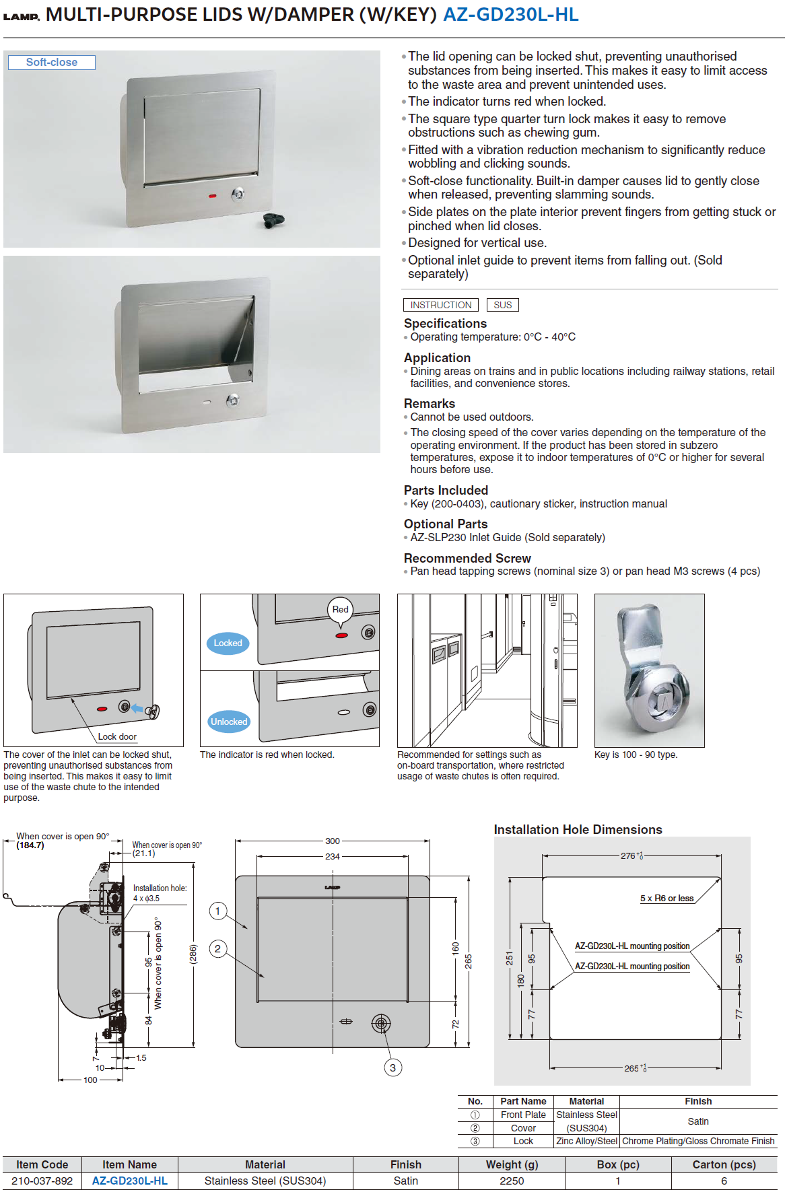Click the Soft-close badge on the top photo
click(x=52, y=63)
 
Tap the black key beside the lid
click(x=273, y=220)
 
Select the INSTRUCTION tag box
click(x=441, y=305)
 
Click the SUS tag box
click(x=502, y=305)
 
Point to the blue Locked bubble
click(x=228, y=643)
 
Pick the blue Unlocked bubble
click(x=229, y=722)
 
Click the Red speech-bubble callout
click(x=341, y=610)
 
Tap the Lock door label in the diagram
click(x=117, y=736)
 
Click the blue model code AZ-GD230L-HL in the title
click(x=510, y=15)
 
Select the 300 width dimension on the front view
click(x=333, y=841)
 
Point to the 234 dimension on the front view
click(x=333, y=856)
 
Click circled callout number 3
click(x=393, y=1067)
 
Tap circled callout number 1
click(x=217, y=911)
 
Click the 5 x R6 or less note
click(x=666, y=898)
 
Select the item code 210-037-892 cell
click(x=42, y=1181)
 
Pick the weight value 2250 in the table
click(x=512, y=1181)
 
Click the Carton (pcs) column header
click(x=724, y=1164)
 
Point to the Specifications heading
click(x=445, y=323)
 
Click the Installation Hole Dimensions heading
click(x=578, y=829)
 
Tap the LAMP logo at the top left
click(x=22, y=16)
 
